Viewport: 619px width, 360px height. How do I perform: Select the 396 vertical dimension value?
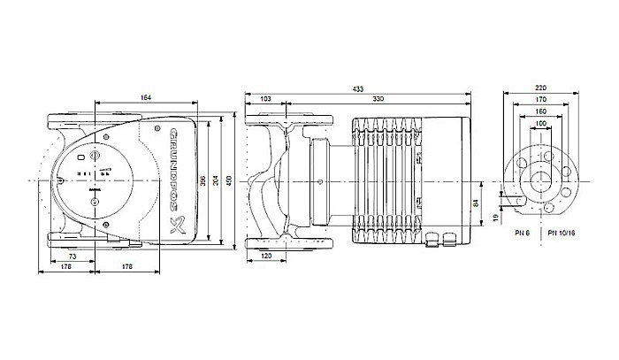[203, 180]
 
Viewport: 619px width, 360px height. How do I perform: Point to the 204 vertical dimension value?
[216, 180]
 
